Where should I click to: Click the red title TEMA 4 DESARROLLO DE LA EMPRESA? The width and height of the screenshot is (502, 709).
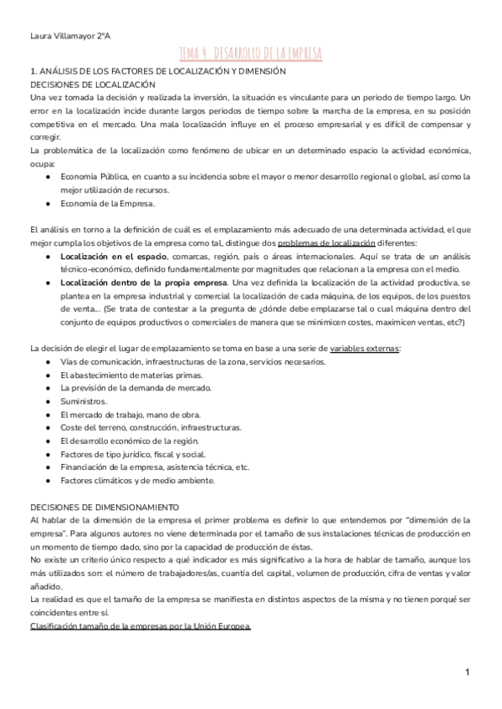(250, 54)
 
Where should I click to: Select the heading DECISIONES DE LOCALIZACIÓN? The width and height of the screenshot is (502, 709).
(92, 86)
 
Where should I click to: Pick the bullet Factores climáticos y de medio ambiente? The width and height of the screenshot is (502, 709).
(138, 480)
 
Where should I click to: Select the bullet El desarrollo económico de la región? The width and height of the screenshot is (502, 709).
(129, 441)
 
